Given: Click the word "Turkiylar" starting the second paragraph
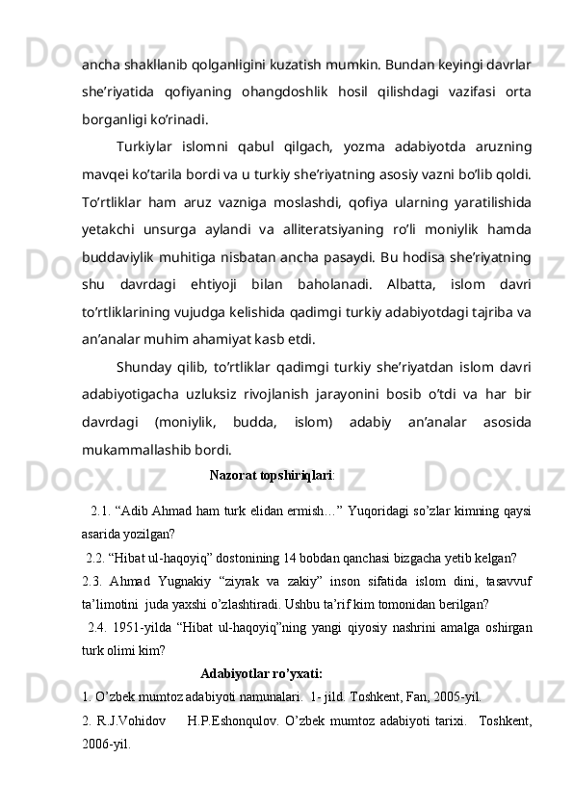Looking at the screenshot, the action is coord(144,146).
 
